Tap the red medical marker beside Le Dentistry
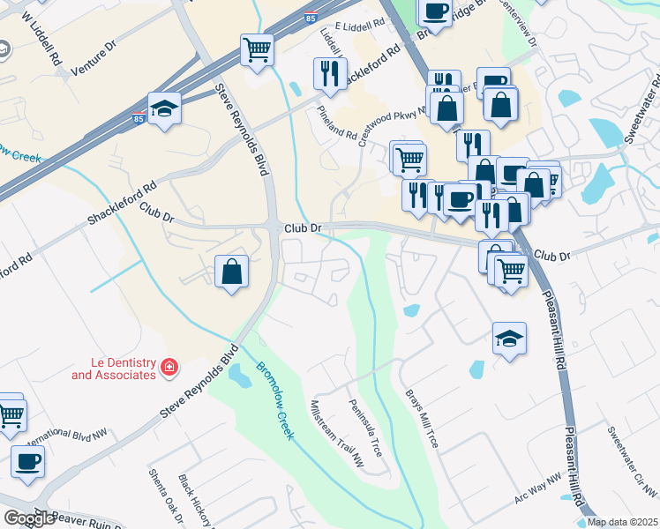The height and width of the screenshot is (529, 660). (x=168, y=366)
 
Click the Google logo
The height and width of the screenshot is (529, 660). (x=29, y=518)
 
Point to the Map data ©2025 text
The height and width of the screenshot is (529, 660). (x=622, y=522)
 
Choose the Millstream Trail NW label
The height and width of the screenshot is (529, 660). (x=336, y=433)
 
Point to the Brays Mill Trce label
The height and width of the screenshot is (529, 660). (x=421, y=420)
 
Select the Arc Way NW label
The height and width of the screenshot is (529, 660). (x=537, y=491)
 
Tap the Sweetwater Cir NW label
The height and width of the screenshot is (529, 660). (x=632, y=460)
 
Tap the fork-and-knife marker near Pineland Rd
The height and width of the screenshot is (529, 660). (x=329, y=75)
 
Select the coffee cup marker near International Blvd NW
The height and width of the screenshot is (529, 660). (x=27, y=461)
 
